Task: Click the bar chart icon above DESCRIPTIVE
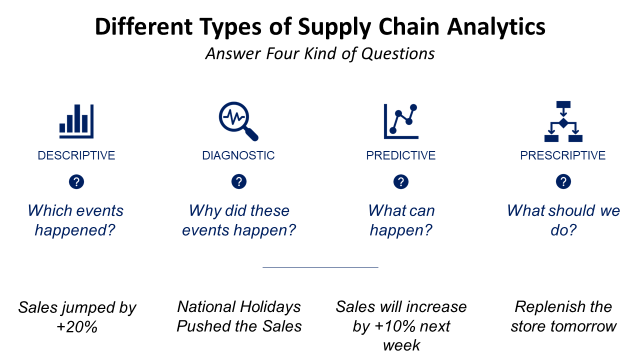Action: tap(76, 120)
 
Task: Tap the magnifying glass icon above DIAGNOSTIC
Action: tap(238, 120)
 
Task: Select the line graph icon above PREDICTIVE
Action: tap(400, 120)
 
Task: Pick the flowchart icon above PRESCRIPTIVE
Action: tap(563, 120)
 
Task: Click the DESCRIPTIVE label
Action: tap(76, 155)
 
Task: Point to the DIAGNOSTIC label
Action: tap(238, 155)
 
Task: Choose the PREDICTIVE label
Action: tap(400, 155)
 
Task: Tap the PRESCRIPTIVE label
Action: tap(563, 155)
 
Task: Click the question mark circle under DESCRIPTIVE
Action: tap(76, 182)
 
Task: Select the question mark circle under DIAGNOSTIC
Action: tap(238, 182)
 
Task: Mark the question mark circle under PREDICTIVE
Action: tap(400, 182)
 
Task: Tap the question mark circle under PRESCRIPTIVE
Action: tap(563, 182)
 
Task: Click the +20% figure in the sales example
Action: tap(76, 326)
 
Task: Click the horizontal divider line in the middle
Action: tap(320, 267)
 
